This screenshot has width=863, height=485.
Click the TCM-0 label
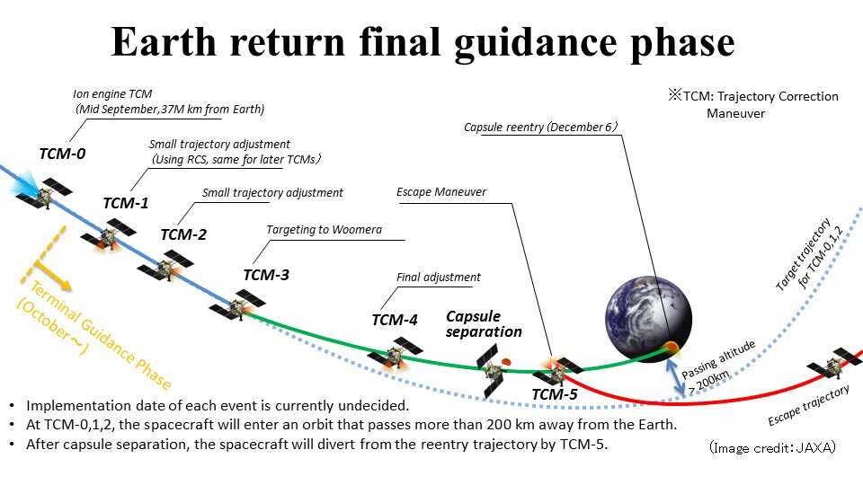(x=62, y=154)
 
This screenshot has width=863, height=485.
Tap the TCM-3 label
(x=266, y=275)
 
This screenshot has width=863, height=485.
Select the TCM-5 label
(x=555, y=394)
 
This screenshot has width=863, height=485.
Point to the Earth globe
(x=648, y=318)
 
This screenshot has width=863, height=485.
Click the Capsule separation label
(x=484, y=324)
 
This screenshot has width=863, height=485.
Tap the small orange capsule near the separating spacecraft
(x=507, y=362)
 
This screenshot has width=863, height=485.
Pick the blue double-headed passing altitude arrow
(x=676, y=376)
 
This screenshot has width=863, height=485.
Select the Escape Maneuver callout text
(x=441, y=192)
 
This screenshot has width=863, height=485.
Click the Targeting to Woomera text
(x=324, y=229)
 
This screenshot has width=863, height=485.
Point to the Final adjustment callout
(x=438, y=278)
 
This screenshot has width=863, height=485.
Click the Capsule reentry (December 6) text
(x=540, y=127)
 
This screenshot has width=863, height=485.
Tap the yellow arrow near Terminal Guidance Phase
(x=53, y=275)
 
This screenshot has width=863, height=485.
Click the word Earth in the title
(x=164, y=42)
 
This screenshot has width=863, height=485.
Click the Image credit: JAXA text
(x=772, y=447)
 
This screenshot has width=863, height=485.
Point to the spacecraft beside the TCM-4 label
(x=396, y=354)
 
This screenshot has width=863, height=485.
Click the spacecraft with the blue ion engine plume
(x=43, y=192)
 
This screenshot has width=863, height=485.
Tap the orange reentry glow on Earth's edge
(x=671, y=348)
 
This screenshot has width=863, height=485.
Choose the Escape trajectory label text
(x=808, y=405)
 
